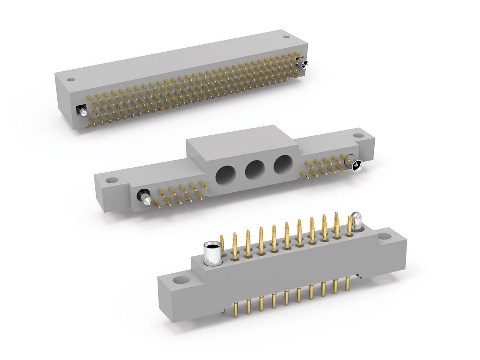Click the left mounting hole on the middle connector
(110, 180)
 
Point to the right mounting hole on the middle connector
(359, 135)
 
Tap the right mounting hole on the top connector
(286, 37)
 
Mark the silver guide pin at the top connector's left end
(82, 112)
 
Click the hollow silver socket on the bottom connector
(212, 253)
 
